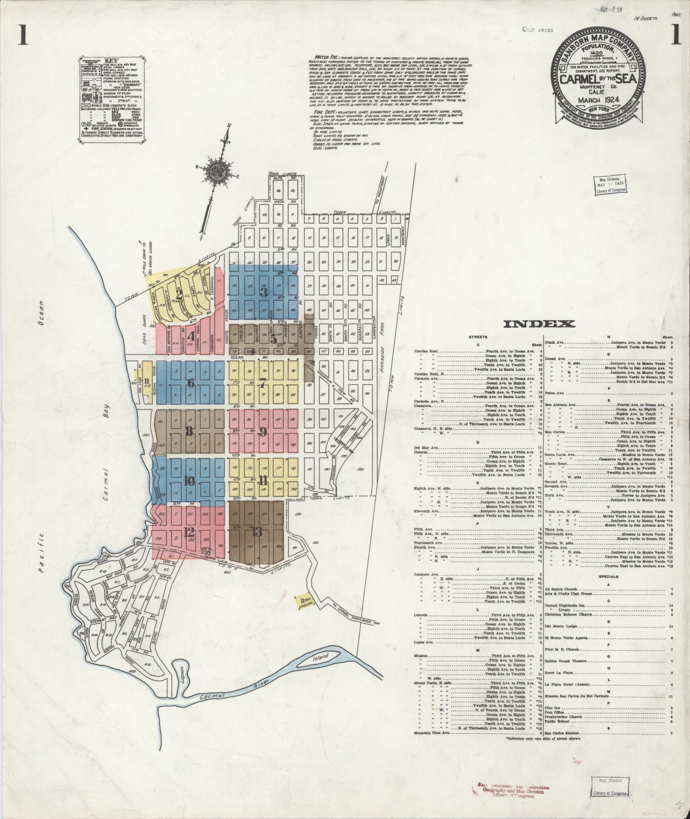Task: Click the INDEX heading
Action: point(539,324)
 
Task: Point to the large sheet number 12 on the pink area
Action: point(189,532)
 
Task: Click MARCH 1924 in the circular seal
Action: point(592,101)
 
